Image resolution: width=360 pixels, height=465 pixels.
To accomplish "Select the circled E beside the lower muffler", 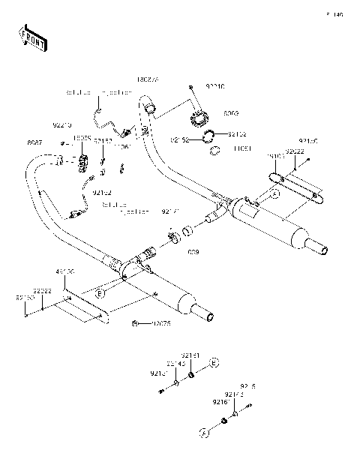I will pos(100,294).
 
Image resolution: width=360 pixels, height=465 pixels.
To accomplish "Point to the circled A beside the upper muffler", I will pos(274,193).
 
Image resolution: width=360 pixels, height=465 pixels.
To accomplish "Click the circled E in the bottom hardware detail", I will pos(214,363).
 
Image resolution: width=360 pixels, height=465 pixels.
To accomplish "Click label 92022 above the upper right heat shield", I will pos(294,151).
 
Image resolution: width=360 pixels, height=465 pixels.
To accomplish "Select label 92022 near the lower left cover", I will pos(42,289).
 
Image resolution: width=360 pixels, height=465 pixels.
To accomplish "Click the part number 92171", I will pos(171,213).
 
